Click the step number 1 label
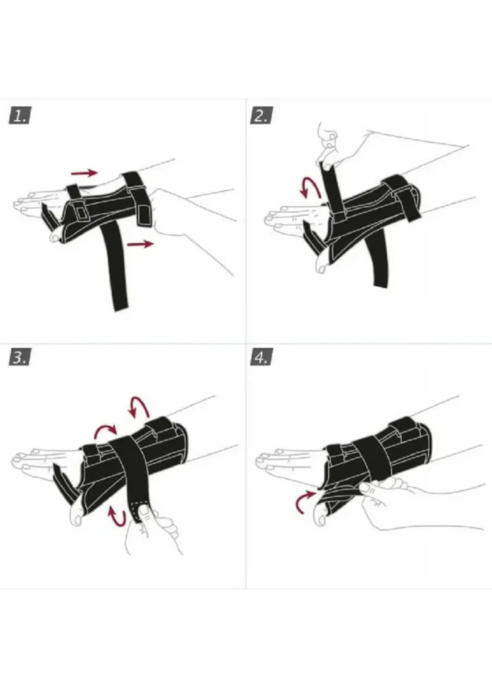[x=20, y=116]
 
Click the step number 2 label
[x=261, y=115]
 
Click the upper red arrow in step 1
[x=84, y=173]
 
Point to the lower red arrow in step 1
[x=140, y=244]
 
